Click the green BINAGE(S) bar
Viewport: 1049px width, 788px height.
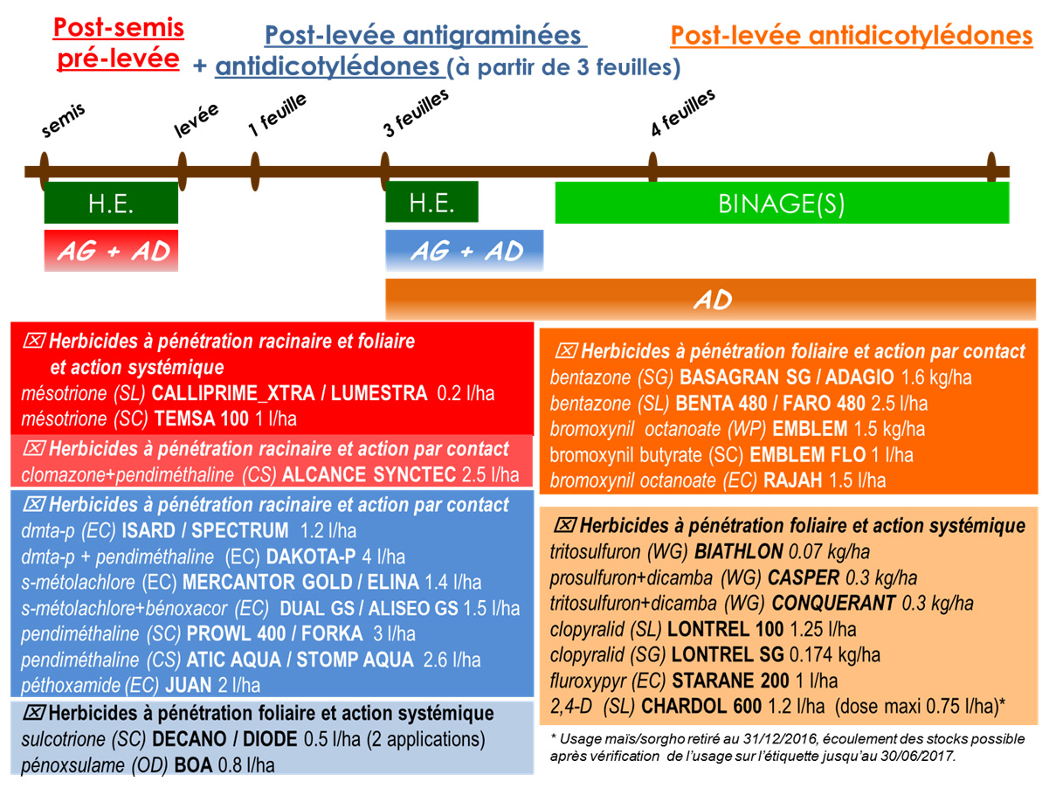[782, 203]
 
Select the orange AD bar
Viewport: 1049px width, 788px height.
[711, 300]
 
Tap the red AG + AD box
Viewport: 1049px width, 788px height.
[111, 251]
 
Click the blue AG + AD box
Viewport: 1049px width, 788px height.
[465, 251]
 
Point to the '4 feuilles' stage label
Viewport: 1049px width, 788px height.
[682, 113]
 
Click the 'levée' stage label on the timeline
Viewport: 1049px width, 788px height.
[196, 121]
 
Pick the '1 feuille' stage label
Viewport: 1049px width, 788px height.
[277, 114]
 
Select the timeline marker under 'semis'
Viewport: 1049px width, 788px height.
[44, 171]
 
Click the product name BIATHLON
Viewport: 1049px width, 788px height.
[738, 552]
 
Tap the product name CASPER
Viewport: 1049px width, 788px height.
[804, 577]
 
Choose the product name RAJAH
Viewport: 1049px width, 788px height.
[793, 480]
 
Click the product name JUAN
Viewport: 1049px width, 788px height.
[189, 685]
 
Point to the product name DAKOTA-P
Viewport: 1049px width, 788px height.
[311, 556]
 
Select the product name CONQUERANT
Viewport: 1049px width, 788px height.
[833, 603]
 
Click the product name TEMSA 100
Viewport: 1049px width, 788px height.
[201, 418]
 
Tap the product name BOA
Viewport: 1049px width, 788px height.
[193, 765]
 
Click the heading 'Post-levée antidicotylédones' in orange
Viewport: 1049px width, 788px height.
[852, 35]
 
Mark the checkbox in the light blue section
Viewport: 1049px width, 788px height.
[34, 713]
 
